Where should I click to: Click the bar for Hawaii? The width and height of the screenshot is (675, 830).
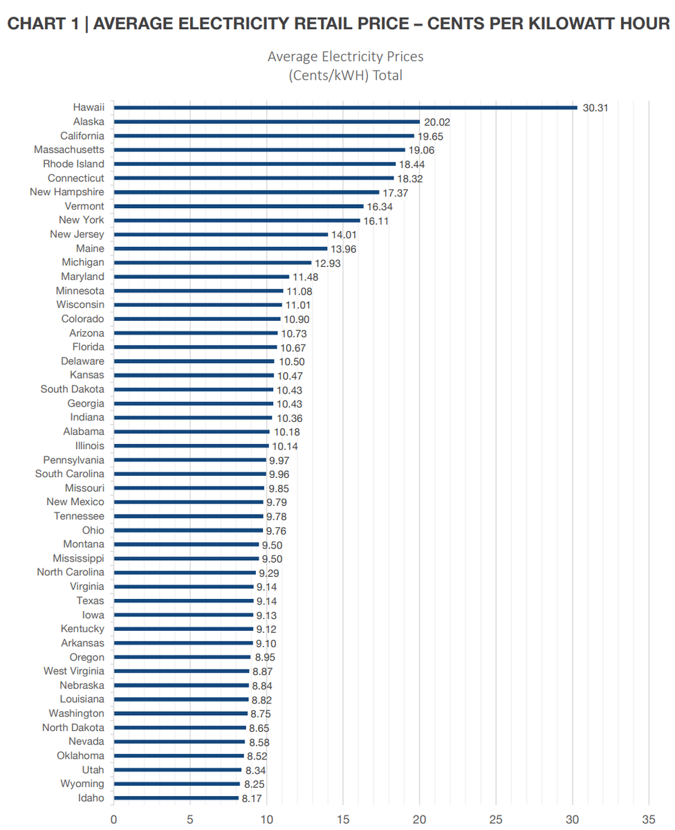click(x=345, y=107)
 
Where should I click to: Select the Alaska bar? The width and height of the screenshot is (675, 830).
click(x=266, y=122)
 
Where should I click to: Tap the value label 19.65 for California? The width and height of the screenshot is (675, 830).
click(x=430, y=136)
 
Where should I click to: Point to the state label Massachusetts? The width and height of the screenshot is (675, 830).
click(x=69, y=149)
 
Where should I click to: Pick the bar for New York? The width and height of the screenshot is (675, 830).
click(x=237, y=221)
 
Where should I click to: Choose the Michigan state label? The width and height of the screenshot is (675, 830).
click(x=82, y=262)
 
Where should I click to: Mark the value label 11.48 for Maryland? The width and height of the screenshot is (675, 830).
click(x=305, y=277)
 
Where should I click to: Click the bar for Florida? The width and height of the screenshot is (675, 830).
click(x=195, y=347)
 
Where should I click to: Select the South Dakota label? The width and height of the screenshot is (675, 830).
click(x=73, y=389)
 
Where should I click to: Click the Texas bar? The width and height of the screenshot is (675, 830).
click(x=183, y=601)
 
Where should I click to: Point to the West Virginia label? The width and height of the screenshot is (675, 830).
click(x=74, y=671)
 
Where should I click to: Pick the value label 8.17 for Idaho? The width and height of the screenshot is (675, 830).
click(x=249, y=798)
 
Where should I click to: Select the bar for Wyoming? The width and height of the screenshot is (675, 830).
click(x=176, y=784)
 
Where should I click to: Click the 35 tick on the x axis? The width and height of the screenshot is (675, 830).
click(x=649, y=820)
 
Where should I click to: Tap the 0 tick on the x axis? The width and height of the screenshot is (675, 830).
click(x=113, y=820)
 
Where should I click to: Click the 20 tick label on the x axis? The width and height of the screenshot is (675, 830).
click(x=419, y=820)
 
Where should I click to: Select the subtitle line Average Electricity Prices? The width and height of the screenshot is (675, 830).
click(x=345, y=56)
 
